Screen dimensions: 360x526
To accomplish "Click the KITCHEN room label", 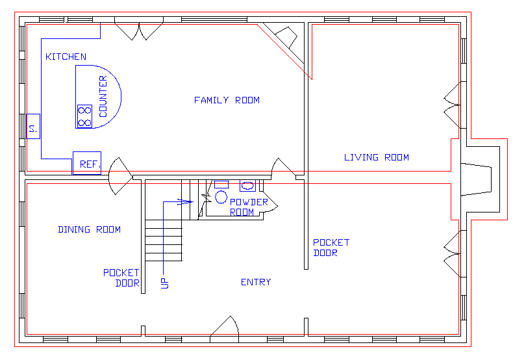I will pyautogui.click(x=66, y=57).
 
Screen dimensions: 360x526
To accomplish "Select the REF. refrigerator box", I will pyautogui.click(x=87, y=164).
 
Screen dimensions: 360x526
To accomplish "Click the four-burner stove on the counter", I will pyautogui.click(x=84, y=116).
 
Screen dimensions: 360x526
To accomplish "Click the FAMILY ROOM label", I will pyautogui.click(x=227, y=100).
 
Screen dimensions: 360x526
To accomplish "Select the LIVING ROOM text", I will pyautogui.click(x=376, y=157).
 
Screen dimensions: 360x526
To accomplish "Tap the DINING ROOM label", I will pyautogui.click(x=89, y=229).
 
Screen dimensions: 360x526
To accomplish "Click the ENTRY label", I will pyautogui.click(x=256, y=282).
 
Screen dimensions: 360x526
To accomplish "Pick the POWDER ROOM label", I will pyautogui.click(x=249, y=207).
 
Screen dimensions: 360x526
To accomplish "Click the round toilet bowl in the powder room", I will pyautogui.click(x=221, y=196).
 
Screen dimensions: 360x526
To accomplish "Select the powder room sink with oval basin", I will pyautogui.click(x=247, y=185).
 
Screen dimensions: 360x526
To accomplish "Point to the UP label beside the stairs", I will pyautogui.click(x=164, y=283).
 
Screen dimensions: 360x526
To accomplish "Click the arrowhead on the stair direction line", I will pyautogui.click(x=189, y=201).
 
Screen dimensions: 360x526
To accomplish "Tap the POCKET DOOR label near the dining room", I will pyautogui.click(x=121, y=277).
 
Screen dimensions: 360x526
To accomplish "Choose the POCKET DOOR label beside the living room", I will pyautogui.click(x=331, y=247).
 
